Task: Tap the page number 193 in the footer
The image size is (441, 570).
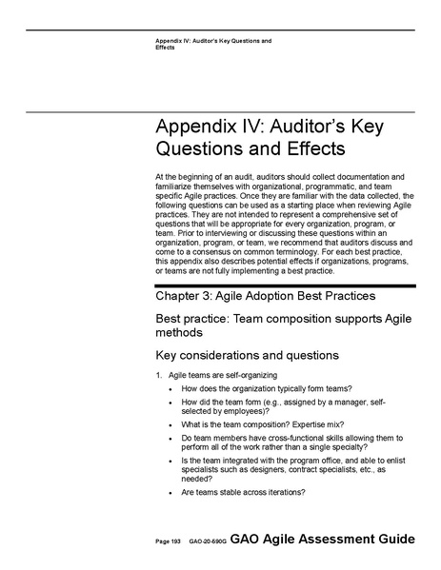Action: click(x=175, y=541)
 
